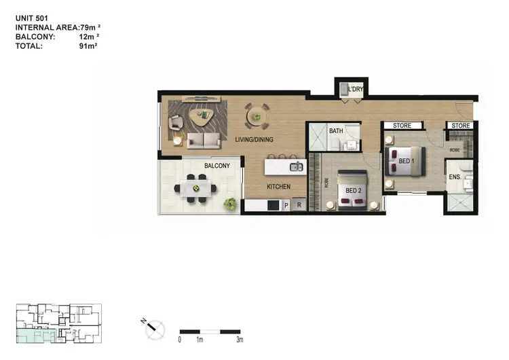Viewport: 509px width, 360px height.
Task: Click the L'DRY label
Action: click(355, 90)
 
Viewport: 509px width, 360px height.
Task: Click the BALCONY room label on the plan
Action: click(216, 166)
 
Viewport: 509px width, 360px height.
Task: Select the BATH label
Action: click(336, 130)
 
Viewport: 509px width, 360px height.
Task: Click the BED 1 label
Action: click(406, 161)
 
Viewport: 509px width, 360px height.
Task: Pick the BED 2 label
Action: click(354, 190)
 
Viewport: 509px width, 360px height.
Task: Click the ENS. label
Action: click(454, 177)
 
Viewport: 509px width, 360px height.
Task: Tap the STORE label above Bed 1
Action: click(402, 126)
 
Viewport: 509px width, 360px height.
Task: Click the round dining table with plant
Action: click(257, 116)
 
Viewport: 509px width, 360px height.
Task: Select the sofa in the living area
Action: click(204, 141)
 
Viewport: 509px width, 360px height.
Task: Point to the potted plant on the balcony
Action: click(231, 202)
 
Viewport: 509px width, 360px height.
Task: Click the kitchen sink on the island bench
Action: click(295, 166)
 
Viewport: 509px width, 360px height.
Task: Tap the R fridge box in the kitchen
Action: click(297, 204)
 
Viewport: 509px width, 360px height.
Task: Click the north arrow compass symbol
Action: click(153, 329)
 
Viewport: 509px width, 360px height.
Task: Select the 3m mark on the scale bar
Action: click(240, 338)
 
